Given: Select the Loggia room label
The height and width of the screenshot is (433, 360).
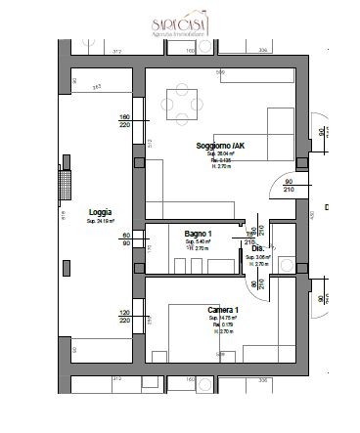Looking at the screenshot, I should point(99,212).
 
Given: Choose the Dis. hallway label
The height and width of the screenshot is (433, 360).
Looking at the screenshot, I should point(258,249).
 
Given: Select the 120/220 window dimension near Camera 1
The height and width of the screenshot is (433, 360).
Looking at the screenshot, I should point(124,318).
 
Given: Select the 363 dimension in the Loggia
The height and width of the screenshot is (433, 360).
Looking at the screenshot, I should point(97,87).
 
